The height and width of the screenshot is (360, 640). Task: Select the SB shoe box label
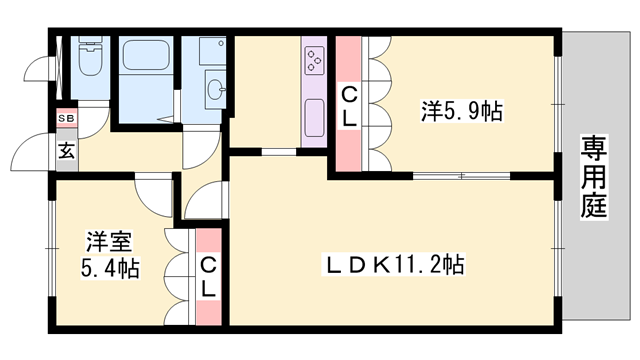pos(65,119)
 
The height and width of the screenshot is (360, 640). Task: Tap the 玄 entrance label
pos(65,152)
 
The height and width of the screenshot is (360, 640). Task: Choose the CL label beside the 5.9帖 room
pos(350,106)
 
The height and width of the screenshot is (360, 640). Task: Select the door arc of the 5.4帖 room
pos(155,195)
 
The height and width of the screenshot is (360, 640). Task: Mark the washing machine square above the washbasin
pos(212,50)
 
